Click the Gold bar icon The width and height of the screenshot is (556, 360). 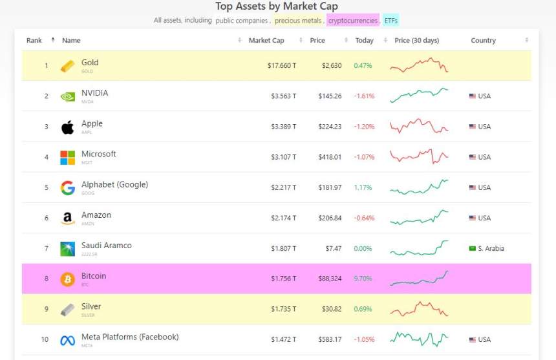point(67,66)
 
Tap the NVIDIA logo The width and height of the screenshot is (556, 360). point(67,96)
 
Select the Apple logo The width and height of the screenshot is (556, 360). point(67,127)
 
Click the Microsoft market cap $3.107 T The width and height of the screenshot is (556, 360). point(283,157)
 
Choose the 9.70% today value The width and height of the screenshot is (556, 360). point(363,279)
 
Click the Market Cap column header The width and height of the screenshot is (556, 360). point(266,41)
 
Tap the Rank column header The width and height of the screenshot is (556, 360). point(34,41)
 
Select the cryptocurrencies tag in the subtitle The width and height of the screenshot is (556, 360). point(352,21)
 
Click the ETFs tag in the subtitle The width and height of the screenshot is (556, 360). point(390,21)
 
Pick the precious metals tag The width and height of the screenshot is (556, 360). point(298,21)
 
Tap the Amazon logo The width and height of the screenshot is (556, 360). point(67,218)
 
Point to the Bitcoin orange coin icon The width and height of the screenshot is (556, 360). point(67,279)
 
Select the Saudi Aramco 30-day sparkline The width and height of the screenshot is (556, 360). point(419,248)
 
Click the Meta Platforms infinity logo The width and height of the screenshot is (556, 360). point(67,340)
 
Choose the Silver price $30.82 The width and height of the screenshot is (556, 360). point(330,310)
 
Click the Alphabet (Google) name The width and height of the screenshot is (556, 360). point(114,185)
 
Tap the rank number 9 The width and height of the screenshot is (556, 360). point(47,310)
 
